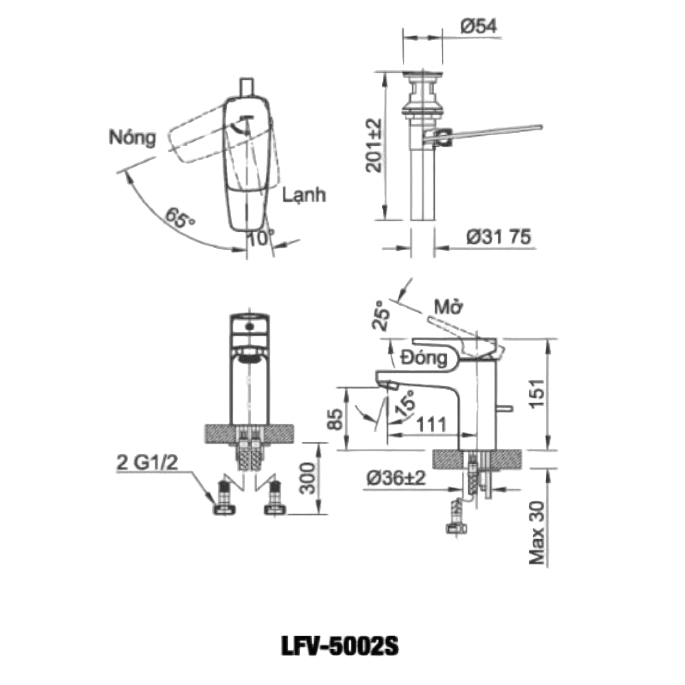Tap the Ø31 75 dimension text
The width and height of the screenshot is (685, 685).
click(498, 237)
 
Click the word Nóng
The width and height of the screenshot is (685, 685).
click(131, 137)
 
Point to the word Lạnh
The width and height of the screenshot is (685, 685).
click(304, 195)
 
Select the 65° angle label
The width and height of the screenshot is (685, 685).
click(181, 218)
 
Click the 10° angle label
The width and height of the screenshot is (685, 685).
click(260, 238)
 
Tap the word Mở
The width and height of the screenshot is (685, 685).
click(449, 308)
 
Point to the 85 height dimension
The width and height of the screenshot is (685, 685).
click(336, 419)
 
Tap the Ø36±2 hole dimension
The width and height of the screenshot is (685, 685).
click(397, 479)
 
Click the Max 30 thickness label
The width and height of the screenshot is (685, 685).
click(536, 532)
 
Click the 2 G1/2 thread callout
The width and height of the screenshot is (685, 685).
click(147, 463)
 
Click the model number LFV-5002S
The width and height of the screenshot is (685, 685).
click(342, 645)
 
